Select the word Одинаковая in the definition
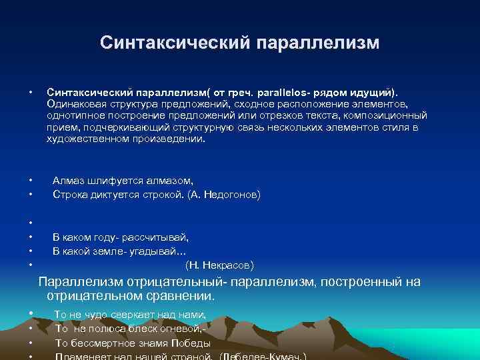pos(75,104)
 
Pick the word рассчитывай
pos(156,237)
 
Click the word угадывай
pos(149,251)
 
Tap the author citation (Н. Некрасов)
pos(219,265)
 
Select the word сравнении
pos(180,295)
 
